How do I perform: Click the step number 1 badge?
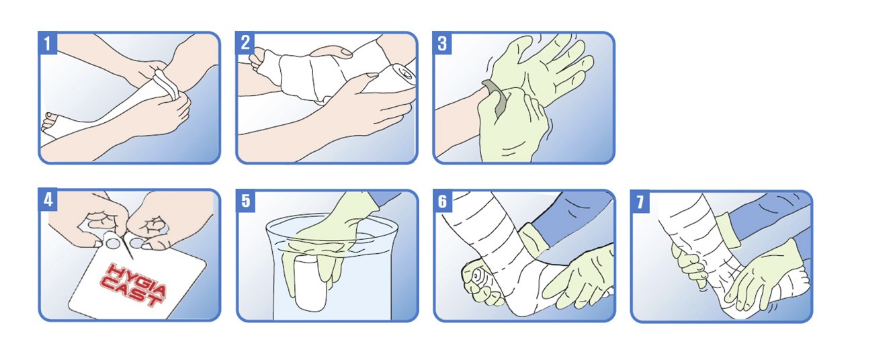click(48, 43)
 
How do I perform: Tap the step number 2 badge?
click(245, 43)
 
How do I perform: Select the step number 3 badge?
click(442, 43)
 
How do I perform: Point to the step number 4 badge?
click(48, 199)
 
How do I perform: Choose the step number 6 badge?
click(443, 201)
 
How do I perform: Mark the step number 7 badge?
click(640, 201)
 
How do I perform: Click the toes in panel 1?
click(49, 122)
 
